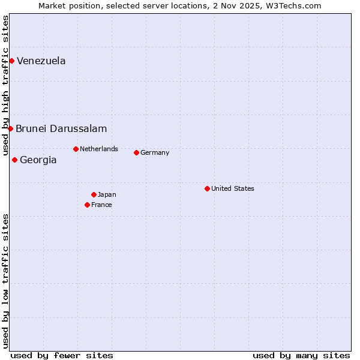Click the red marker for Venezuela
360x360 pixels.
tap(11, 61)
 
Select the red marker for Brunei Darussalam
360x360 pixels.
tap(10, 128)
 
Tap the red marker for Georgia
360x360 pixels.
tap(14, 160)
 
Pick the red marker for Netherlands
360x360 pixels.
tap(76, 149)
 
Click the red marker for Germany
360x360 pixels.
tap(136, 152)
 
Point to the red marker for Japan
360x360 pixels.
tap(94, 194)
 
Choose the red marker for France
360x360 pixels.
tap(87, 205)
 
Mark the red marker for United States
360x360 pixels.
tap(207, 188)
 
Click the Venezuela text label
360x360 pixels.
tap(41, 61)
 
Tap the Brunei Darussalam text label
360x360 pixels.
tap(61, 128)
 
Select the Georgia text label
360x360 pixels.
tap(38, 160)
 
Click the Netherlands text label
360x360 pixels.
tap(99, 149)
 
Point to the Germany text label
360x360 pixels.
tap(155, 152)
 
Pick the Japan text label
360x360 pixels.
tap(107, 194)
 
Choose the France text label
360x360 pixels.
tap(101, 205)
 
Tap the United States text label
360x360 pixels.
tap(233, 188)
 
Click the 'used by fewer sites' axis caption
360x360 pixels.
tap(62, 355)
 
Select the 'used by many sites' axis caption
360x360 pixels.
tap(301, 355)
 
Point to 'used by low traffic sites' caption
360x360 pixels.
tap(6, 280)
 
